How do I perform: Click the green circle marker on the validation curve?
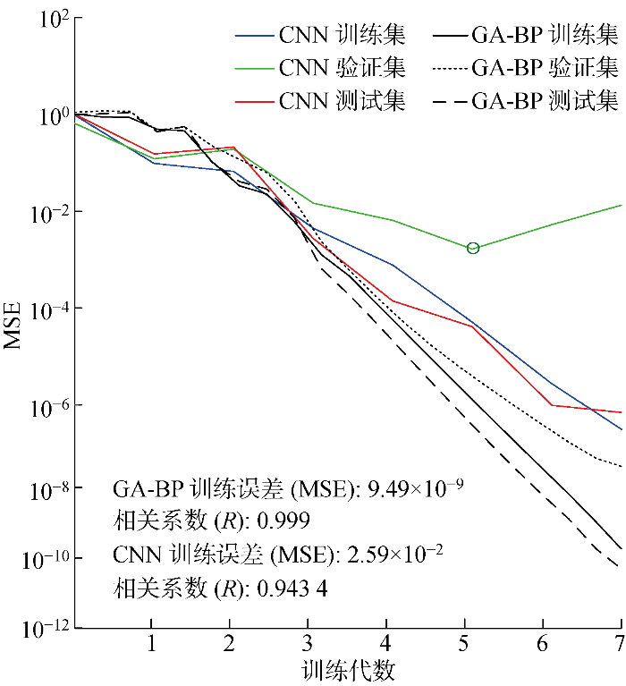point(473,248)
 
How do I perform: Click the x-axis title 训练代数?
point(349,670)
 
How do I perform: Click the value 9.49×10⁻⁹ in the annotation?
point(410,489)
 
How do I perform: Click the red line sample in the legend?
point(253,100)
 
